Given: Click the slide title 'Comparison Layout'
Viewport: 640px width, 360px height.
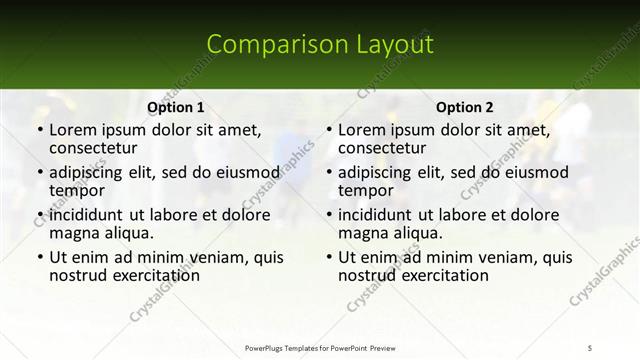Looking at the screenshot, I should (320, 45).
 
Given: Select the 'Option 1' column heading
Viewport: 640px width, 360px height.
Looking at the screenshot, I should (176, 107).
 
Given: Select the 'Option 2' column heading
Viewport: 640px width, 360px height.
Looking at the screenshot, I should (465, 107).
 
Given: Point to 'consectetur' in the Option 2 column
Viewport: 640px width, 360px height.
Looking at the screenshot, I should (381, 149).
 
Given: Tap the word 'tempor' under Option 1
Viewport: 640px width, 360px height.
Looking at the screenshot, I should (74, 192).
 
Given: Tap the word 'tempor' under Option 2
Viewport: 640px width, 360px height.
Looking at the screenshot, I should (363, 192).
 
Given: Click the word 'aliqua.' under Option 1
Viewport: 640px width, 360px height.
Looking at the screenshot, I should (127, 234).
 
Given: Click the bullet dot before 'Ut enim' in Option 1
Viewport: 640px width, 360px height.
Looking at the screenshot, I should (39, 257).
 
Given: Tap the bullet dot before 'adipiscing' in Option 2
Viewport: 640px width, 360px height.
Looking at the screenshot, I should (328, 173).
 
